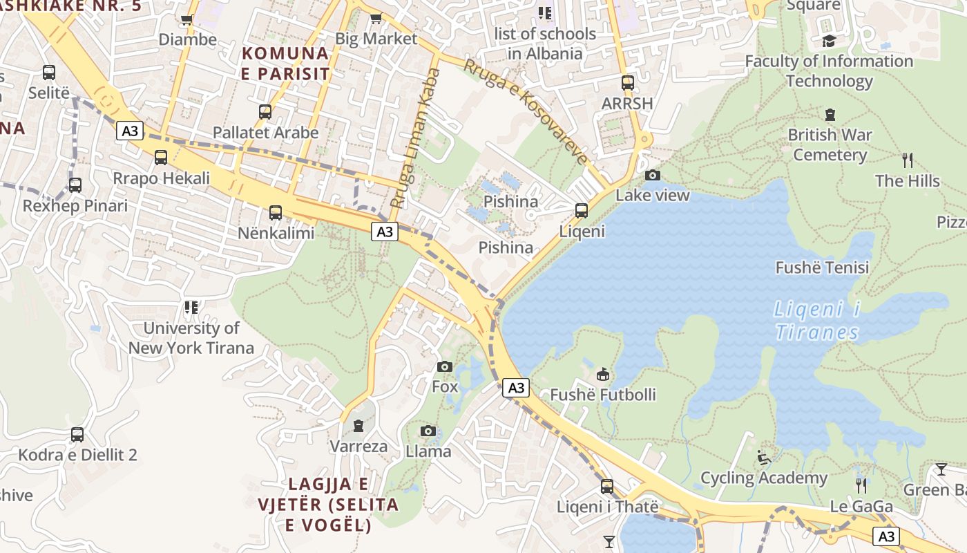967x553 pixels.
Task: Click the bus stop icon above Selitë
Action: [49, 73]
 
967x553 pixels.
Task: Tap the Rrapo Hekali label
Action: [162, 178]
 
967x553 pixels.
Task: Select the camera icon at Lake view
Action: [652, 175]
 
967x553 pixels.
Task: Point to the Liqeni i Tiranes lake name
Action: [816, 321]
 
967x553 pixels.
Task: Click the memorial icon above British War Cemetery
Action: [830, 114]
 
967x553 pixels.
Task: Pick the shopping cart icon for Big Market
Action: [376, 19]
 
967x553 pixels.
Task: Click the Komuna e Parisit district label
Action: [285, 63]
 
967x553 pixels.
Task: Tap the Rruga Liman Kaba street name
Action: [415, 138]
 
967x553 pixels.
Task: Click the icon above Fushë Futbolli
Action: [603, 374]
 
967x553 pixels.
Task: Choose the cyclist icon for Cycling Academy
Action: [763, 458]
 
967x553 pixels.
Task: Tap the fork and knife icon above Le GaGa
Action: [861, 485]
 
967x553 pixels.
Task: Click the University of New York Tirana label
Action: [191, 338]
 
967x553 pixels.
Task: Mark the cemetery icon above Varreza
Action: [358, 426]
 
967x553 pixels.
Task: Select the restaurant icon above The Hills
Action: [908, 160]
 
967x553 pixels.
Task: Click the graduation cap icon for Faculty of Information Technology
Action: [829, 41]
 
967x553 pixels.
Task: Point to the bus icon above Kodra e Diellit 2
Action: [77, 435]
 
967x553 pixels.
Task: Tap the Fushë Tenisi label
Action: [822, 268]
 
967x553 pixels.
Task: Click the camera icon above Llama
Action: [428, 431]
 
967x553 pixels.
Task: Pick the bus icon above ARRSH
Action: [627, 83]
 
